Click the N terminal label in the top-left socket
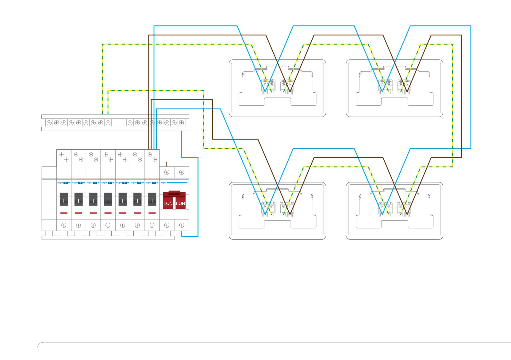click(x=265, y=83)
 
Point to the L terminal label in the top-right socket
click(x=407, y=83)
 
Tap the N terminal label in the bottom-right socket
click(x=382, y=206)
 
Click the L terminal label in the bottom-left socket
click(x=290, y=206)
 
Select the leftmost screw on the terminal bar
click(x=49, y=123)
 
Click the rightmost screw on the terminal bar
click(x=182, y=123)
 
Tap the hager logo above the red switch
click(x=163, y=183)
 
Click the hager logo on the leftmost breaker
click(x=60, y=183)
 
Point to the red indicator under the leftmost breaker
click(x=64, y=213)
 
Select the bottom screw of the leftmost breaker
click(x=64, y=225)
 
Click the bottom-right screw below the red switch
click(x=182, y=225)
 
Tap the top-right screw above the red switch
click(x=182, y=172)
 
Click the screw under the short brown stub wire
click(x=167, y=172)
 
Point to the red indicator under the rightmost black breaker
click(x=152, y=213)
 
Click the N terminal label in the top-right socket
click(x=382, y=83)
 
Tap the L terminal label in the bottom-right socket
click(x=407, y=206)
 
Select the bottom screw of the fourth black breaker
click(x=108, y=225)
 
